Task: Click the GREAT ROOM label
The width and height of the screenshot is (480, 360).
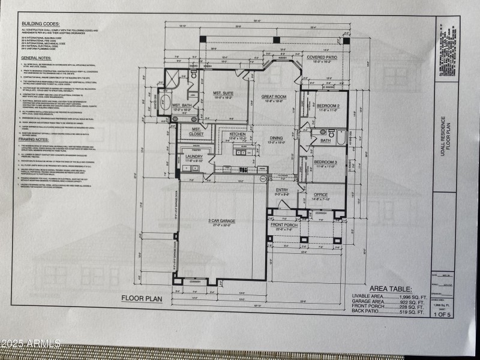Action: tap(274, 97)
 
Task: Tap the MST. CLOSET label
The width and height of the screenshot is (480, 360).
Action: tap(196, 131)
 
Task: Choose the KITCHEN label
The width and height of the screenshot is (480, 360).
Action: tap(238, 134)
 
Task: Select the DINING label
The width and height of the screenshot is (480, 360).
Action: tap(276, 138)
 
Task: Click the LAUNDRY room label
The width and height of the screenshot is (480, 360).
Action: tap(194, 157)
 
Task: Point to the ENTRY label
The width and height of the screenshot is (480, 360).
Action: tap(283, 190)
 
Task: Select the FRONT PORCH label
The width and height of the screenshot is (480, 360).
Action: tap(284, 225)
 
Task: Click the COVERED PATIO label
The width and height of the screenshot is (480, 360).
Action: tap(323, 58)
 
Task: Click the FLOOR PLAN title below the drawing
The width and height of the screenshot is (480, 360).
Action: tap(142, 298)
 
